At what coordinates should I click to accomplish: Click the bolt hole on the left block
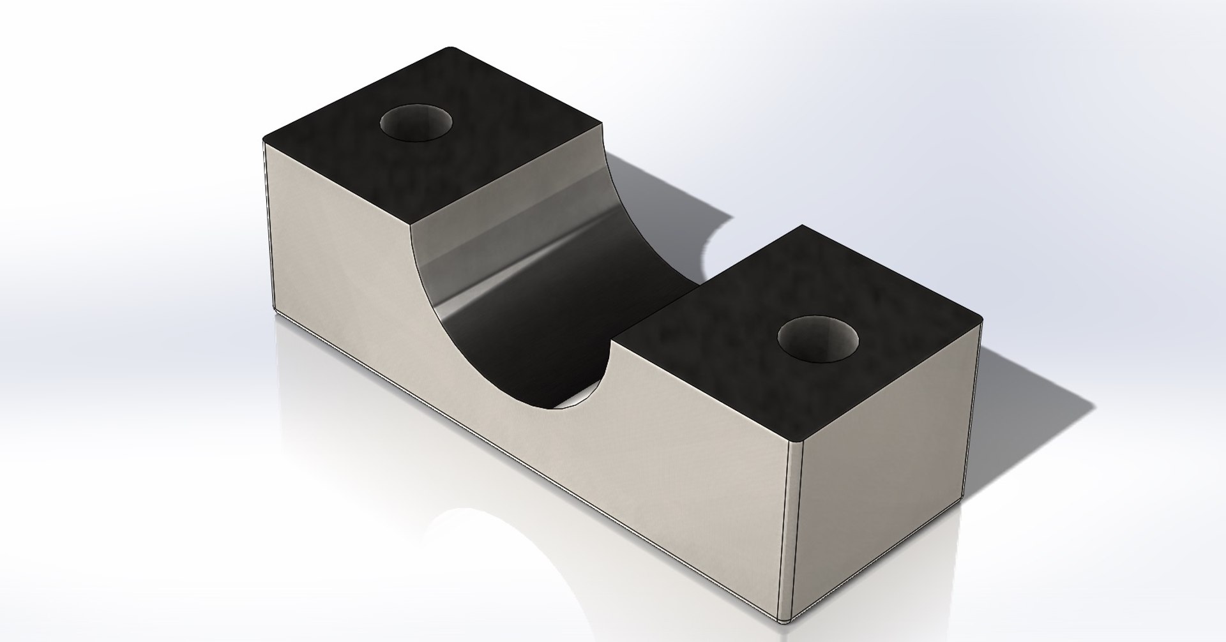click(415, 122)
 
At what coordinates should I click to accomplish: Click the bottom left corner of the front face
click(273, 314)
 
